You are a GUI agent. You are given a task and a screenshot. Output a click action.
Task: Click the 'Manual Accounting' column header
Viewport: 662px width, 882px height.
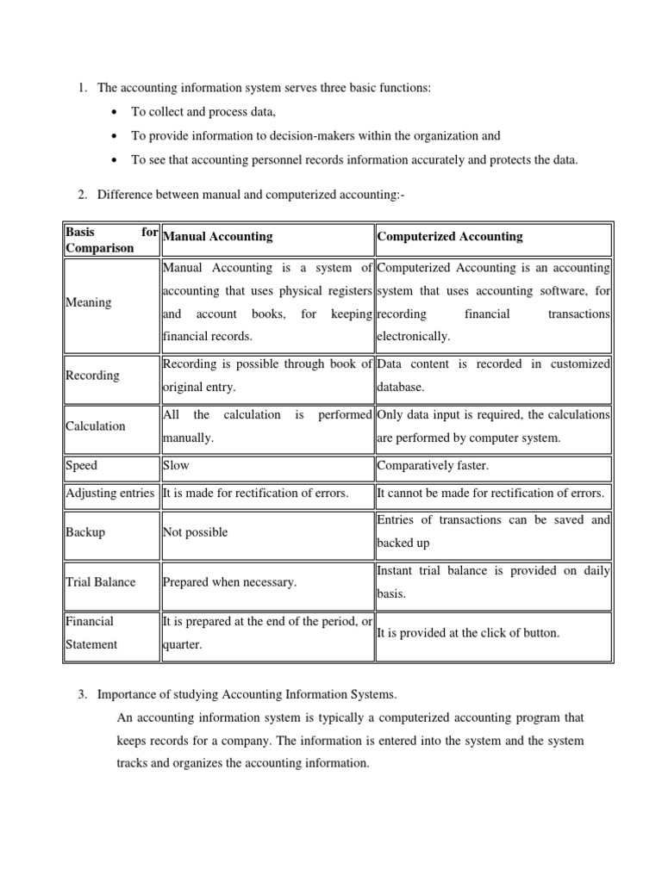[x=217, y=236]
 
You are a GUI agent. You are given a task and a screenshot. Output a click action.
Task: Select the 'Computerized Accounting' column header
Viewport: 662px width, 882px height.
[x=450, y=236]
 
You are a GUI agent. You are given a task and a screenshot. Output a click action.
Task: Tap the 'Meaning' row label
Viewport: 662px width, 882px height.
[x=89, y=302]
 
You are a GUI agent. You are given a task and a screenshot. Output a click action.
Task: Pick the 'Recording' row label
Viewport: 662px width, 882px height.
[x=93, y=376]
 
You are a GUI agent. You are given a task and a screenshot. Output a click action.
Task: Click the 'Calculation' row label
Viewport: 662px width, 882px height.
[x=96, y=425]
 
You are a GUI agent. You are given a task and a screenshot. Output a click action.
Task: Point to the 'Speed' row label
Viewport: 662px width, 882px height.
[x=82, y=466]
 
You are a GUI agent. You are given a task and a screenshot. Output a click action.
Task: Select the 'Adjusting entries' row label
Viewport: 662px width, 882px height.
[x=110, y=494]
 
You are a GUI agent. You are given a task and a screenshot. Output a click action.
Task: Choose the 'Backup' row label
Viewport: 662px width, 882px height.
[x=85, y=532]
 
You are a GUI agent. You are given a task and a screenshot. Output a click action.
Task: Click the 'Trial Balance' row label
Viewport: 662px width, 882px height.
[x=101, y=582]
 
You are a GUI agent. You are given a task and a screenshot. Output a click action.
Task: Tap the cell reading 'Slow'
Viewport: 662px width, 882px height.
[x=176, y=466]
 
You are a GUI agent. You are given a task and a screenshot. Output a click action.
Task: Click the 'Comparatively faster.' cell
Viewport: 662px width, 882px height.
[x=433, y=466]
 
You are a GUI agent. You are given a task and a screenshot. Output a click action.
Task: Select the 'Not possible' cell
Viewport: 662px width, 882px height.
[x=196, y=532]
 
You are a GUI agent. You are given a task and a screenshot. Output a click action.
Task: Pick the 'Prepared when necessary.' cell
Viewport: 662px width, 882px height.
[x=229, y=582]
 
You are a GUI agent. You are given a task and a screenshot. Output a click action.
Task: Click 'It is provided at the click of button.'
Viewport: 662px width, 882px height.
[x=468, y=633]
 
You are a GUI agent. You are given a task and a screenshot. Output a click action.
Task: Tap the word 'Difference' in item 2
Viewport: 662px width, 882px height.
[x=124, y=196]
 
